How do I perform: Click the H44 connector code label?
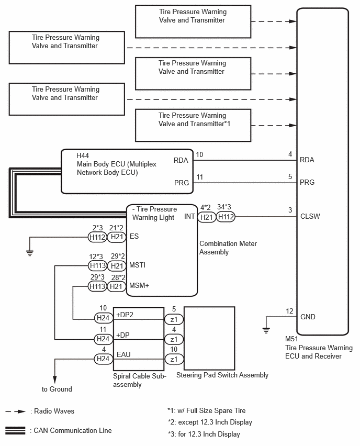click(83, 155)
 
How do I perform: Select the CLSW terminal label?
click(310, 217)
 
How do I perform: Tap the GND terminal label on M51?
click(308, 317)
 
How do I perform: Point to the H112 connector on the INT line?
click(226, 217)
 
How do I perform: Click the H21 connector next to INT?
click(207, 217)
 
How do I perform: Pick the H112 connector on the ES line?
click(97, 237)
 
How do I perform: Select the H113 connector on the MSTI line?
click(98, 266)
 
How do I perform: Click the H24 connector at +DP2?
click(103, 318)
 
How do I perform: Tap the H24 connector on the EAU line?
click(103, 359)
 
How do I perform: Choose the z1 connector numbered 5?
click(174, 319)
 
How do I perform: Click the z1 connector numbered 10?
click(174, 359)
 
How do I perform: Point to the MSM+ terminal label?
click(139, 286)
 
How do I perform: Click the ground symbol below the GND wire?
click(266, 330)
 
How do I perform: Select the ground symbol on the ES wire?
click(30, 253)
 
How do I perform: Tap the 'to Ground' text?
click(57, 389)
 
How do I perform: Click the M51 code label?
click(291, 339)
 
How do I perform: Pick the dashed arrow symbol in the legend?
click(16, 411)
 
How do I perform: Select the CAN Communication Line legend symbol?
click(15, 431)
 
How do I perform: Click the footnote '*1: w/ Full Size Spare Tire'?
click(207, 411)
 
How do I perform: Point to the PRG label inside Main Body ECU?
click(182, 183)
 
